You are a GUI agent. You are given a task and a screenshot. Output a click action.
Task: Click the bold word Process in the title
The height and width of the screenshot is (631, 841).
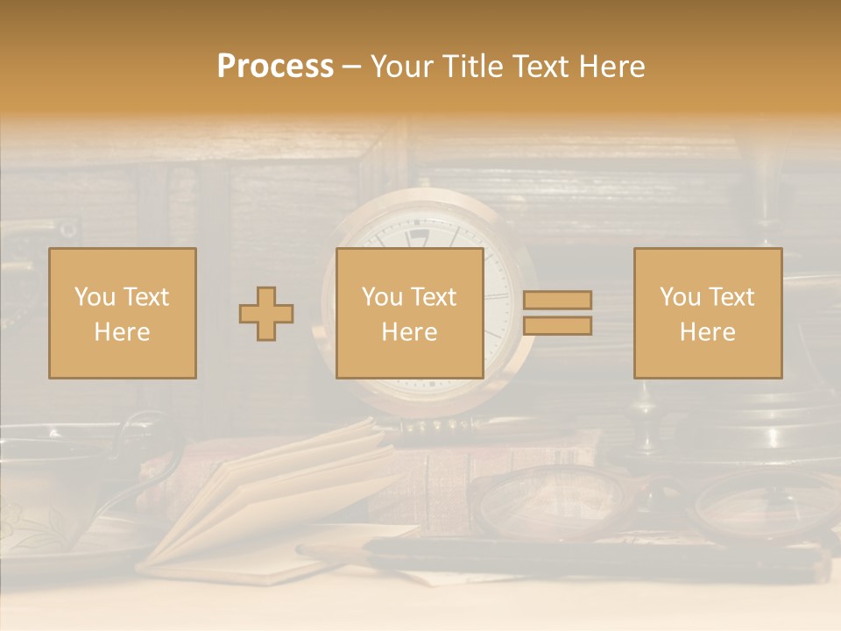point(275,67)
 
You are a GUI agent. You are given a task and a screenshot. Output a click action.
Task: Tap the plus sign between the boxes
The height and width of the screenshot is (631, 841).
point(266,314)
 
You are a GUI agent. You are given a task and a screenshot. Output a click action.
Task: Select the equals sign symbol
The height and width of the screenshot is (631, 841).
point(557,313)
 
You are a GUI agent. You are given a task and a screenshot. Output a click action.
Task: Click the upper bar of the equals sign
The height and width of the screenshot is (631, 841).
point(557,301)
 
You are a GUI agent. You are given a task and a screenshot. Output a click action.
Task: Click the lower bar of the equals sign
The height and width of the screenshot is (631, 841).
point(557,326)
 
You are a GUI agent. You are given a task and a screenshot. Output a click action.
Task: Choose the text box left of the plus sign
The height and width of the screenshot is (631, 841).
point(123,313)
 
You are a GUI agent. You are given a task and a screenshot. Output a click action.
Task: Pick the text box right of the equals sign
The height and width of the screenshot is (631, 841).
point(708,313)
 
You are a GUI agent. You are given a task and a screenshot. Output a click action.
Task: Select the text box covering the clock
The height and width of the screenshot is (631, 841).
point(410,313)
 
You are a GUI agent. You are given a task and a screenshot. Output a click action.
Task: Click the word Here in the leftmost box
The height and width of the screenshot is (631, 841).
point(123,332)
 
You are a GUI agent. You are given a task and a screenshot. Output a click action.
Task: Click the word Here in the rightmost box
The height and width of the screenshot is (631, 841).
point(708,332)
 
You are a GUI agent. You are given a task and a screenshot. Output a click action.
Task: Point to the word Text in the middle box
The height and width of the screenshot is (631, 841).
point(434,297)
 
